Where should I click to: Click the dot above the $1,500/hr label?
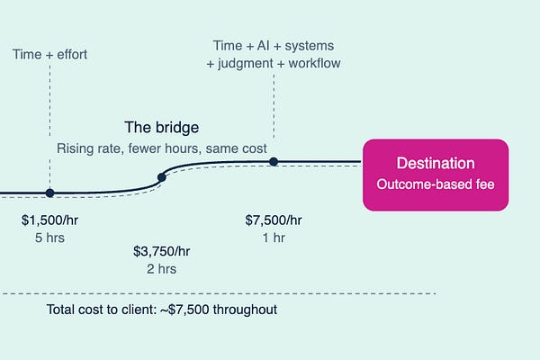click(49, 193)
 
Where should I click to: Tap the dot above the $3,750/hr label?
click(162, 177)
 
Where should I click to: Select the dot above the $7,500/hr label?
click(274, 162)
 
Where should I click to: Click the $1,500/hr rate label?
click(49, 220)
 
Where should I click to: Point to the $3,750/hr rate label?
click(161, 250)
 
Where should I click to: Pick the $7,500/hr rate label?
click(274, 220)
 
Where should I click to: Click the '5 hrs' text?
click(49, 238)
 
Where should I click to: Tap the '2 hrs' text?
click(161, 268)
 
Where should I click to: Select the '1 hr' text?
click(274, 238)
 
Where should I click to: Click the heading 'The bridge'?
click(162, 128)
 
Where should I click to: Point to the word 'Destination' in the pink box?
click(436, 164)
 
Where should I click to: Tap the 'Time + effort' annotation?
click(50, 55)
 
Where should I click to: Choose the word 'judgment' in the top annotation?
click(249, 63)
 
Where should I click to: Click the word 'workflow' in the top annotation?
click(311, 63)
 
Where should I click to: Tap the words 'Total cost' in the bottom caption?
click(76, 310)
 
